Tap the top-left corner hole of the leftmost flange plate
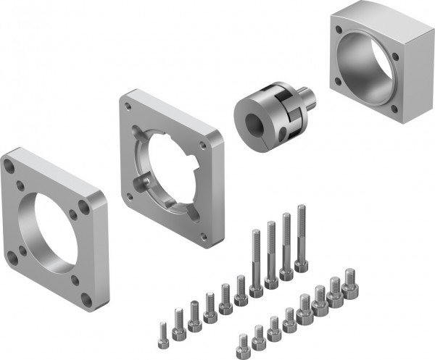9,166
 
